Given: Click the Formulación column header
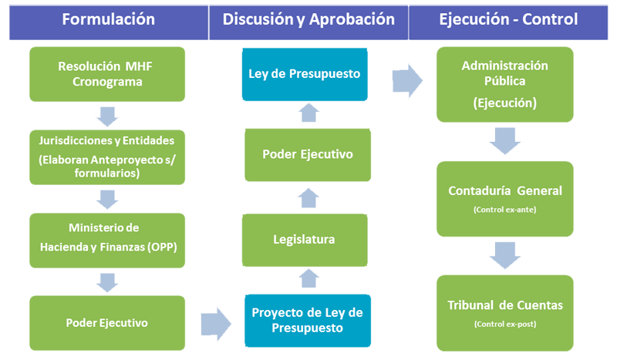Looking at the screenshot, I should pos(108,19).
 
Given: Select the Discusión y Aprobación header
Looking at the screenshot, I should pos(308,19).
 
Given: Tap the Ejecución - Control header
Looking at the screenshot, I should pos(507,19).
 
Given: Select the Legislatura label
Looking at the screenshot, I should pos(304,239).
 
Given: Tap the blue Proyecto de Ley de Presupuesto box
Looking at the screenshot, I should pos(306,319).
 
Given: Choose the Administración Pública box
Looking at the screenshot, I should pos(504,74).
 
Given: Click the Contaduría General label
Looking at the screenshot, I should pos(504,190).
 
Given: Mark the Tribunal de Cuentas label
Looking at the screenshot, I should pos(504,304).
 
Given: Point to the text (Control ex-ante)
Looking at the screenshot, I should pos(504,209).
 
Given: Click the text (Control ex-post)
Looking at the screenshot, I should pos(504,324).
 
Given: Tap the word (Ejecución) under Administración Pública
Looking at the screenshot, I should pos(504,101).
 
